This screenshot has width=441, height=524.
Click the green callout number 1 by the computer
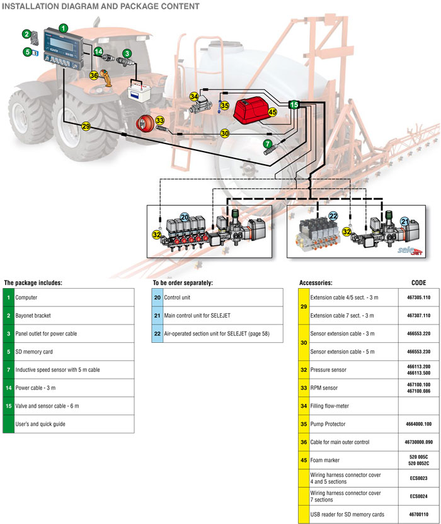point(63,28)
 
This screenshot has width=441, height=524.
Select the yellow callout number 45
point(272,113)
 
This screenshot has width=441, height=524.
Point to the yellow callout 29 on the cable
point(86,126)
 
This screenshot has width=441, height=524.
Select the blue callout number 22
point(334,216)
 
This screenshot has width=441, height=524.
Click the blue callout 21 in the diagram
point(405,221)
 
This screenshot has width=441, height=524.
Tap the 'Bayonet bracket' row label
point(33,315)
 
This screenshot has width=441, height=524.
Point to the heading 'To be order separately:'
point(183,283)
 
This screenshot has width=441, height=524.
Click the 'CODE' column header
point(419,283)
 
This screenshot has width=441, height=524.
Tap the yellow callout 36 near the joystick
point(93,75)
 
